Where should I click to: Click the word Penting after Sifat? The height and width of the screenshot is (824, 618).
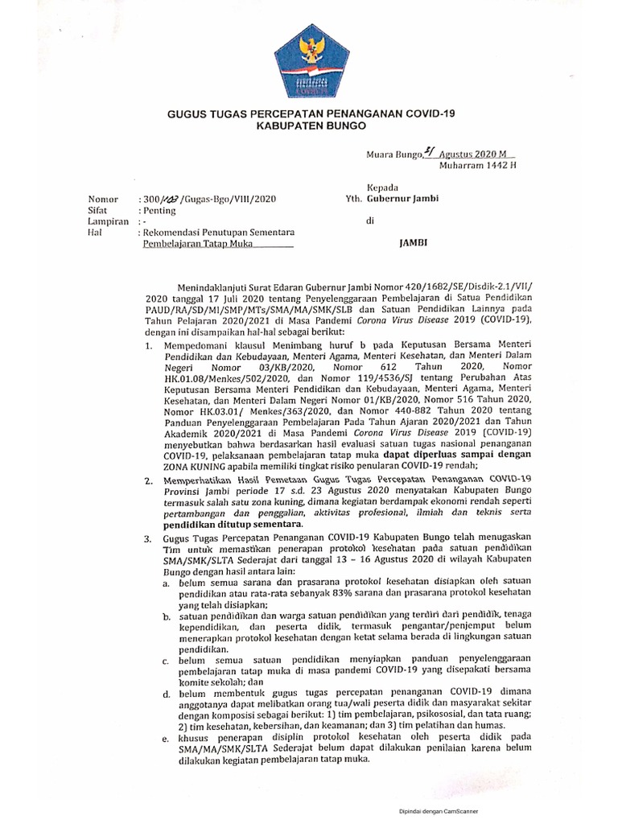(160, 209)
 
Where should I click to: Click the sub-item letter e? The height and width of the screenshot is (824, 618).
(165, 736)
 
